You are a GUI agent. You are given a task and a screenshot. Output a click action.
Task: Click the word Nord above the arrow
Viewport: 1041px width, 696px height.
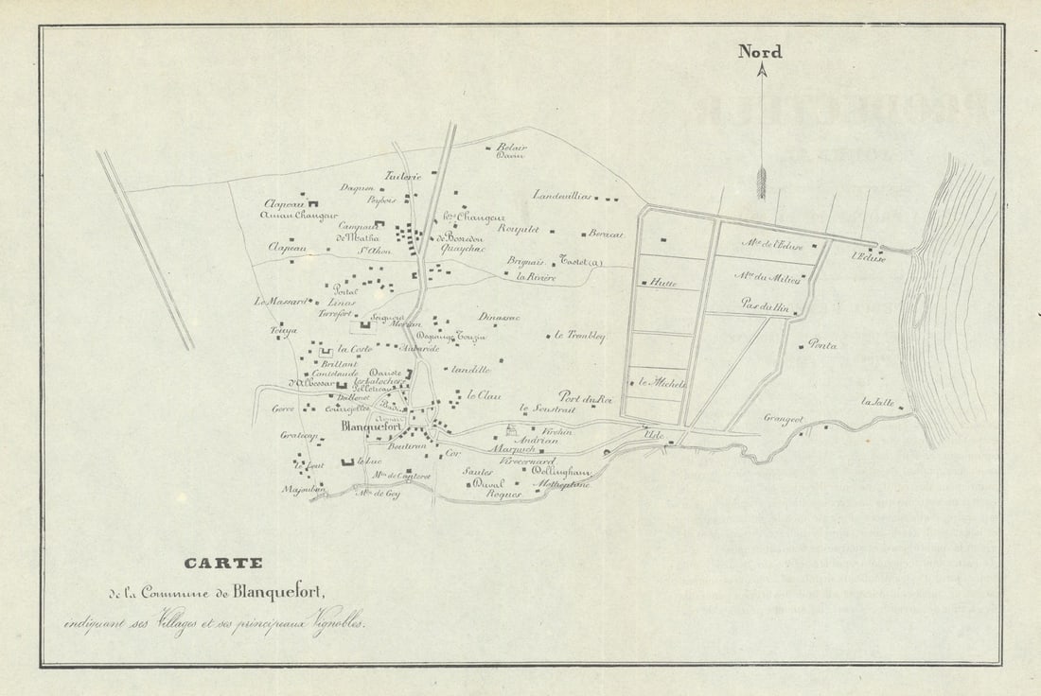[x=760, y=52]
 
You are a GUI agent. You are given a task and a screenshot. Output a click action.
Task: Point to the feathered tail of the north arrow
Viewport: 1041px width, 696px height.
[x=761, y=182]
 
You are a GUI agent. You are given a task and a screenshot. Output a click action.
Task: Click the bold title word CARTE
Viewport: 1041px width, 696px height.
[x=223, y=563]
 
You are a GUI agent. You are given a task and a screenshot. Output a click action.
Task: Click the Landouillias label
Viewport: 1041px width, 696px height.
[x=562, y=196]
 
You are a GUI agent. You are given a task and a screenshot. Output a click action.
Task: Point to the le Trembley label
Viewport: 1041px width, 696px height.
[x=579, y=336]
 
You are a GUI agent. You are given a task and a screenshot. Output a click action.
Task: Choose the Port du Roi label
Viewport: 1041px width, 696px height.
[x=586, y=398]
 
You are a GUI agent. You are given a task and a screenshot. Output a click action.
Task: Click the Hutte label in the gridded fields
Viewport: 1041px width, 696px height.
[x=662, y=283]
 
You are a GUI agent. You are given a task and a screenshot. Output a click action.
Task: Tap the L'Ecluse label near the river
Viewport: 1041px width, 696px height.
[x=868, y=257]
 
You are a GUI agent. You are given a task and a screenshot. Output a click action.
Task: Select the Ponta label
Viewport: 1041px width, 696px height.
[x=822, y=346]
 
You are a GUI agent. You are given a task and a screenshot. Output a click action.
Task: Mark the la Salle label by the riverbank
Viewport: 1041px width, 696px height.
[x=877, y=402]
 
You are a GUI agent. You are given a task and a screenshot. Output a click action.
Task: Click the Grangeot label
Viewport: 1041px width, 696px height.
[x=784, y=417]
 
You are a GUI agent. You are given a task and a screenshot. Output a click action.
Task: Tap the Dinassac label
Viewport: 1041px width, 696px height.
[x=499, y=318]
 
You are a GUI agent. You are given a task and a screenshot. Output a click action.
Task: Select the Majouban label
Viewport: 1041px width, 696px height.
[x=297, y=490]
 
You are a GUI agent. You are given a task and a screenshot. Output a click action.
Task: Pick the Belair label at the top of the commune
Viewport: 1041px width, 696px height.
[x=512, y=148]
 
